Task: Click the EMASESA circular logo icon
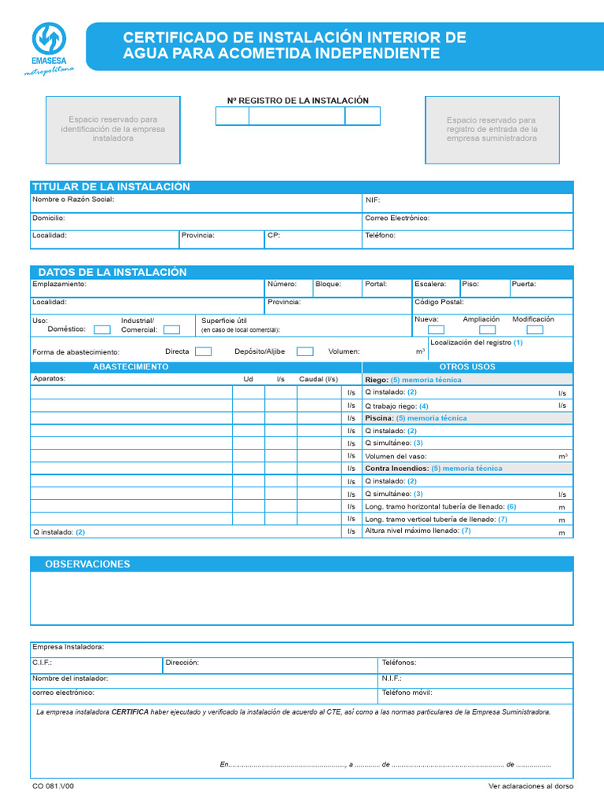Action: coord(49,38)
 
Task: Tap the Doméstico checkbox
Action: coord(102,330)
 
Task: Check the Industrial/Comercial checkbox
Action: coord(171,330)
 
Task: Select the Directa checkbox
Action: coord(203,351)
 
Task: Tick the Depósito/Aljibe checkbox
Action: coord(305,351)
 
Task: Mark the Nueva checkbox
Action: coord(436,330)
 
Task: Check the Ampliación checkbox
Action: coord(488,330)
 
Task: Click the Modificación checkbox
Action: coord(535,330)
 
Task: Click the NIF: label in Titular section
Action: coord(372,200)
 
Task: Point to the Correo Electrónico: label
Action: coord(397,218)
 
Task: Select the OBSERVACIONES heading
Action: coord(87,564)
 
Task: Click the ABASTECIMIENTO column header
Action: coord(131,367)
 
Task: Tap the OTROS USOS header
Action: coord(467,367)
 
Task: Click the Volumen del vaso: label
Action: coord(396,456)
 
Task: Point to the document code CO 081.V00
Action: coord(53,786)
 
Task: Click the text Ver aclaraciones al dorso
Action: coord(531,786)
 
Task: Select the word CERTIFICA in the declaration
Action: coord(130,711)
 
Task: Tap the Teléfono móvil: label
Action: coord(407,693)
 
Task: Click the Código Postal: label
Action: coord(439,302)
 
